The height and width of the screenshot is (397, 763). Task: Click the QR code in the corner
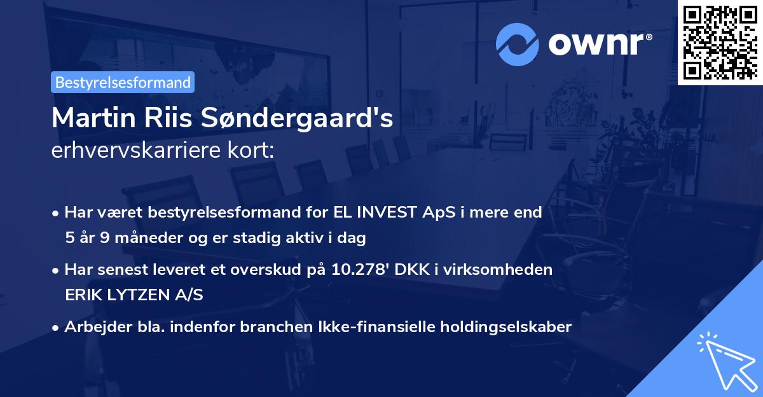[720, 43]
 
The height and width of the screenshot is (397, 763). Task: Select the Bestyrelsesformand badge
[123, 82]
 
